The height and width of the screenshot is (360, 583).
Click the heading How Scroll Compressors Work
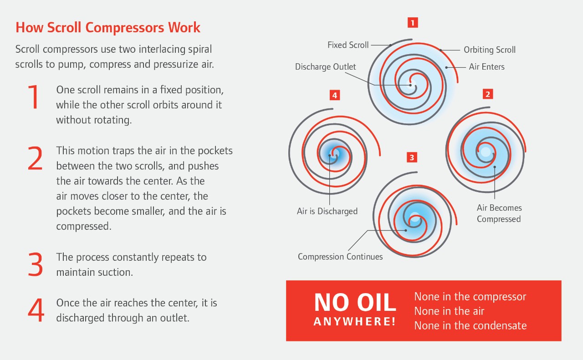108,27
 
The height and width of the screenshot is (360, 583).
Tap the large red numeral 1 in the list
34,97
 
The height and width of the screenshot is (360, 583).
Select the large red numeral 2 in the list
35,158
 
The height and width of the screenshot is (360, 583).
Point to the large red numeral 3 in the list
35,264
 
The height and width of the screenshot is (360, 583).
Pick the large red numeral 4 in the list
36,310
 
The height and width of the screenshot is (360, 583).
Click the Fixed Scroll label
348,45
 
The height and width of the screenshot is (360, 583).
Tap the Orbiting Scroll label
490,50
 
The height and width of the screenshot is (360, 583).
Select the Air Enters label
486,67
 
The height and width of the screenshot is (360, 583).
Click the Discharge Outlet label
326,67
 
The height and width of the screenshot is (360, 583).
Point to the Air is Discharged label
327,211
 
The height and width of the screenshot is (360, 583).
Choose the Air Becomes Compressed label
499,213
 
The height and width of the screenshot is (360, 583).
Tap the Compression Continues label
340,257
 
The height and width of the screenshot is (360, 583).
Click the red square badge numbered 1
413,22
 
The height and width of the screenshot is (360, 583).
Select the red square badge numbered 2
487,94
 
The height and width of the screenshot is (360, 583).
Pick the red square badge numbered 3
412,157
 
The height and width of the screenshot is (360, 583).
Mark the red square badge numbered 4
335,95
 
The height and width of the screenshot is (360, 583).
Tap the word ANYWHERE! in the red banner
355,321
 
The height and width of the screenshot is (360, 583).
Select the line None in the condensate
470,325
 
